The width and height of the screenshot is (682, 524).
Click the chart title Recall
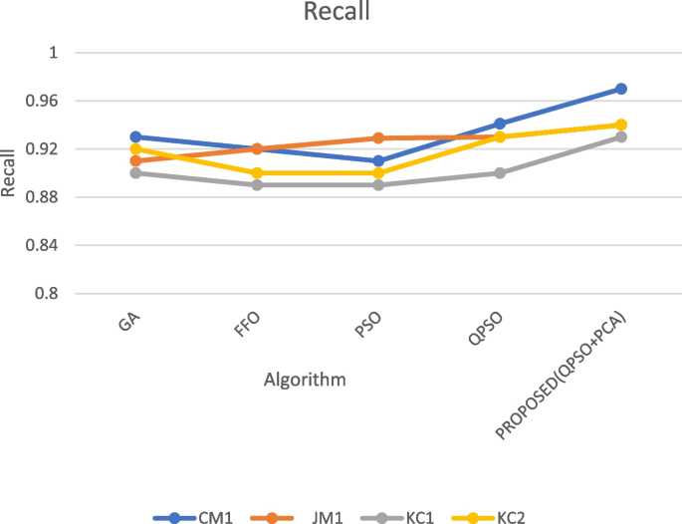(x=341, y=13)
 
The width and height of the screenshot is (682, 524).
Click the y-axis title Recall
(x=10, y=172)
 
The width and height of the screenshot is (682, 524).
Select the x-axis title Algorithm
(x=306, y=380)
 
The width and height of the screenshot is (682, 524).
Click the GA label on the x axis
(x=127, y=324)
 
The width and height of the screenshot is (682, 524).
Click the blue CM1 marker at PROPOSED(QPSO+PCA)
(x=621, y=89)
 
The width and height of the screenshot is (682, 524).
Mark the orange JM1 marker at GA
(x=136, y=160)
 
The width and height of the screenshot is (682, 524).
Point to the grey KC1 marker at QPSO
(x=500, y=172)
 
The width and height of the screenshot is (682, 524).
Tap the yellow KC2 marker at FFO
(x=257, y=172)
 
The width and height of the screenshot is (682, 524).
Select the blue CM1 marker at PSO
(x=378, y=160)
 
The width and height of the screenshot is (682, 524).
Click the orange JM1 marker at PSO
(x=378, y=137)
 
